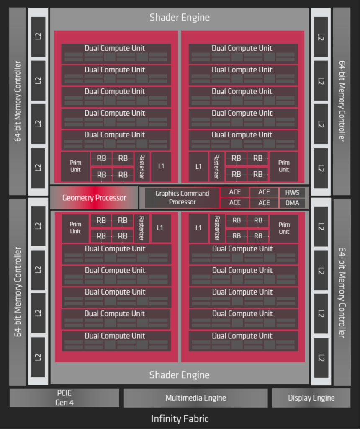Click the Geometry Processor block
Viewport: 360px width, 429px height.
(94, 198)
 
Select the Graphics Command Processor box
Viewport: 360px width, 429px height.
(182, 198)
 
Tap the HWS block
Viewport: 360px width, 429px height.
(292, 193)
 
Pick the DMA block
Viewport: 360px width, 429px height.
(292, 203)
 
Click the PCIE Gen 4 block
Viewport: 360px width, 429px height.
(64, 398)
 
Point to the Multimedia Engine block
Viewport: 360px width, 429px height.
(195, 398)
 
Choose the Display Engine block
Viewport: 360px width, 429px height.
(311, 398)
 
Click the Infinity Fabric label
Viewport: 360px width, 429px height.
(180, 419)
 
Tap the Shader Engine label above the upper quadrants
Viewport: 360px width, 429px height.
(180, 18)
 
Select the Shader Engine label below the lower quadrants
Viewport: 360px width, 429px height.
(180, 375)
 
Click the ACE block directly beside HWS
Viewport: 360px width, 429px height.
(264, 192)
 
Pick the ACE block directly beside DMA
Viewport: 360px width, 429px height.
(264, 203)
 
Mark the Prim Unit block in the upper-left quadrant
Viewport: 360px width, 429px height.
(75, 166)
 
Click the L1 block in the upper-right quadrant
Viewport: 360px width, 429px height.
(198, 166)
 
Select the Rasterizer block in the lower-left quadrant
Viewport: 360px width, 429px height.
(141, 228)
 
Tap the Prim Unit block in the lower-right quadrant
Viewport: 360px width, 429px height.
(284, 228)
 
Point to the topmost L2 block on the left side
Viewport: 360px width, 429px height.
(38, 36)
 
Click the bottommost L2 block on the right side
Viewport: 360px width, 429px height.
(321, 358)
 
